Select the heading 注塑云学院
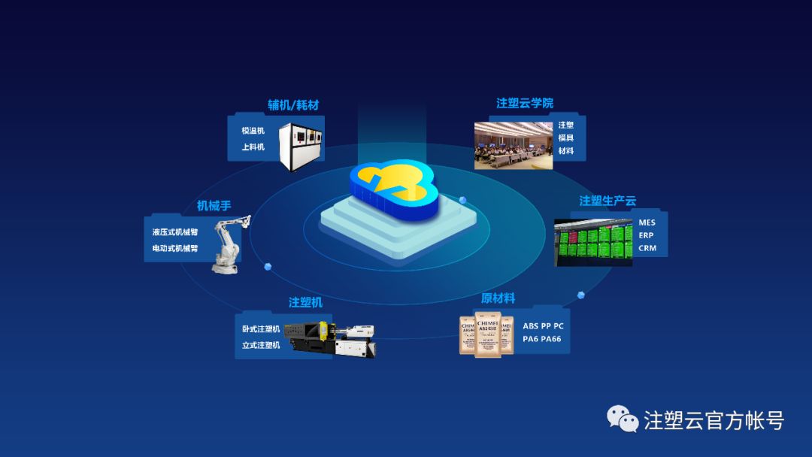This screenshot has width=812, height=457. point(525,103)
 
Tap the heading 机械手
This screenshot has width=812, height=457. point(214,205)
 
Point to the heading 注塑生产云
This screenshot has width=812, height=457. point(607,201)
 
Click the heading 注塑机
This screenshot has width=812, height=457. point(305,302)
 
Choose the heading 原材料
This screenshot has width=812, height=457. point(498,298)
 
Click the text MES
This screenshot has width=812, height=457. point(647,222)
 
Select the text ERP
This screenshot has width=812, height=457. point(646,235)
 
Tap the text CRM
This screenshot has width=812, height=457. point(647,248)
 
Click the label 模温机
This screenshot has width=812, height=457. point(253,131)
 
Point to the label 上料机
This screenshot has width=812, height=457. point(253,147)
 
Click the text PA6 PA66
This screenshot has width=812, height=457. point(541,339)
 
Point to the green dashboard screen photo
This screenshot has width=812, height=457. point(593,242)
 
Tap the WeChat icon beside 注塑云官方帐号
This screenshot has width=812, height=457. point(623,419)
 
